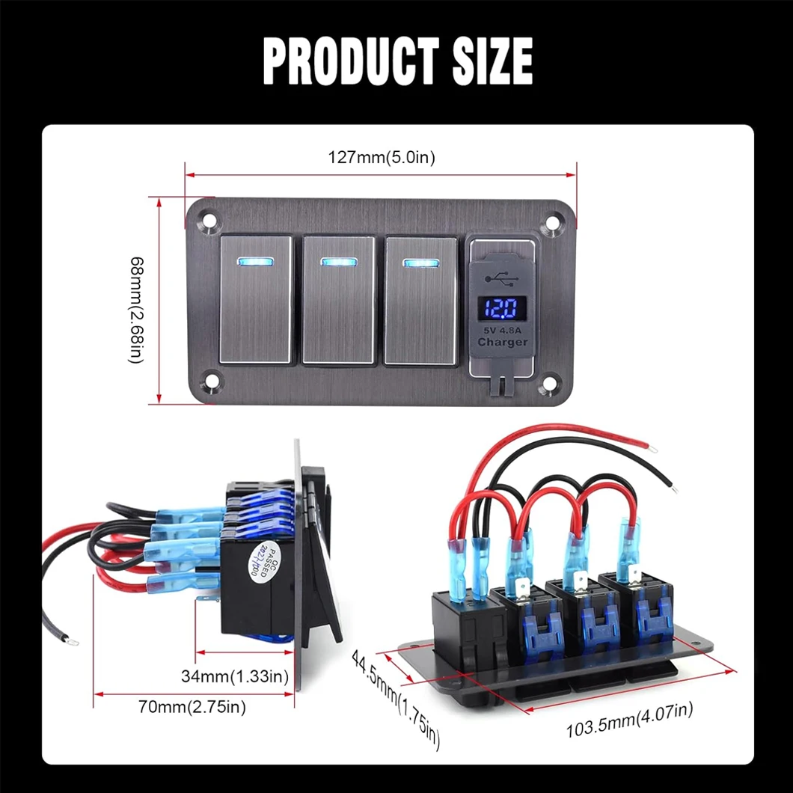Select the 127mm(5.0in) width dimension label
coord(382,157)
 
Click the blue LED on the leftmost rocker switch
coord(256,263)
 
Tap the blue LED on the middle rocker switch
coord(338,263)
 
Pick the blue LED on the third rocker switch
coord(420,263)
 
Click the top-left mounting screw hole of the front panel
coord(209,221)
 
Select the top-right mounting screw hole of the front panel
coord(553,222)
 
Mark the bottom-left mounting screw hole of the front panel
coord(211,384)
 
